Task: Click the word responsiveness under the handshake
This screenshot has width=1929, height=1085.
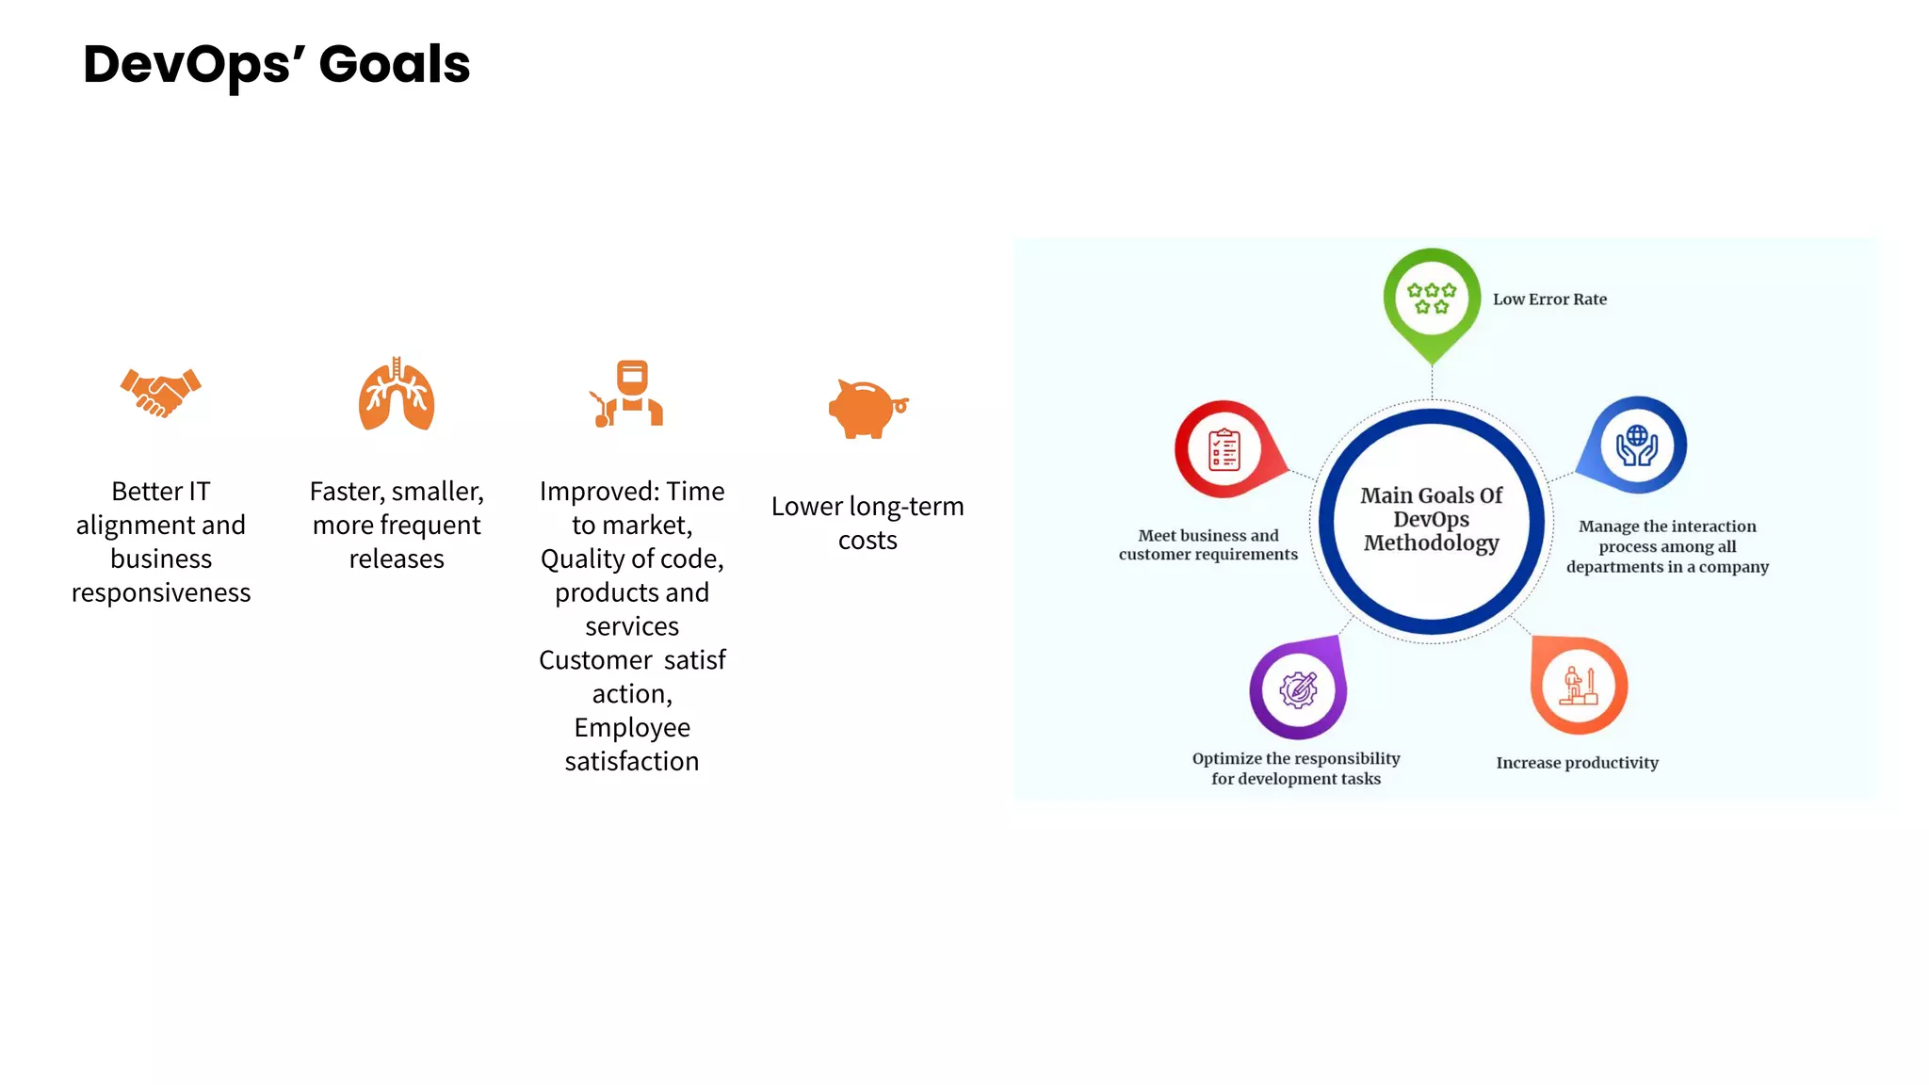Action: [161, 593]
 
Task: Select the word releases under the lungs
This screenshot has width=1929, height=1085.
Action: [397, 559]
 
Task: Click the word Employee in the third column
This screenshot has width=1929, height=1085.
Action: [632, 728]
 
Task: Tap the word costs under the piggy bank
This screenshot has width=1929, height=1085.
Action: [867, 541]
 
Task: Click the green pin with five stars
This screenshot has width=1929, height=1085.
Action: [1432, 300]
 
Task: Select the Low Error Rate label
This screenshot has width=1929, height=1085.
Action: [1549, 300]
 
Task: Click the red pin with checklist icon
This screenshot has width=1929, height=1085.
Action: [1224, 449]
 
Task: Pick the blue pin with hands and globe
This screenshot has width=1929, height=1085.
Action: [1638, 445]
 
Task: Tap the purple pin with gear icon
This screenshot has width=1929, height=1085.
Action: [1299, 690]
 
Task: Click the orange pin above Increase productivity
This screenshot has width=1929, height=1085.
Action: [1580, 686]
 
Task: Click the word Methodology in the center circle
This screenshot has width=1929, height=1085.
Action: [1431, 543]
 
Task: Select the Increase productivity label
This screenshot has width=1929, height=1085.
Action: [1577, 763]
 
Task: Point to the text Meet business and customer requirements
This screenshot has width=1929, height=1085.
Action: [1208, 545]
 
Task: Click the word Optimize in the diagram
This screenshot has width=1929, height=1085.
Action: [1226, 759]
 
